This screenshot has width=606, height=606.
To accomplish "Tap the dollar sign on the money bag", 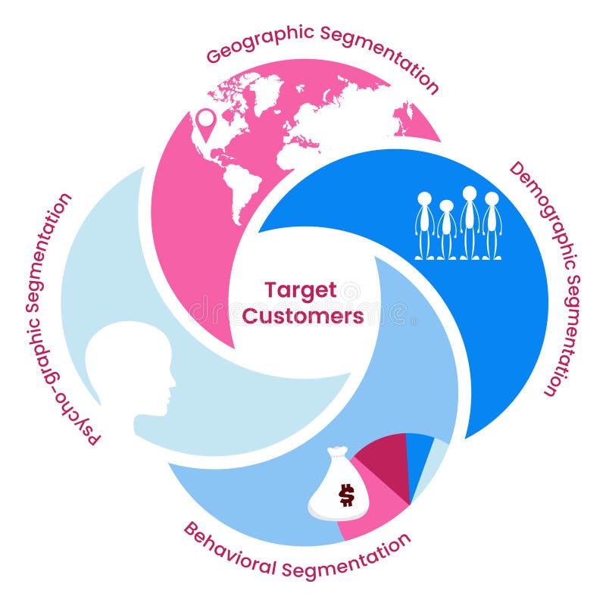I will (x=346, y=495).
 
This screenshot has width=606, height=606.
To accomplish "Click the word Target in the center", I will (x=301, y=290).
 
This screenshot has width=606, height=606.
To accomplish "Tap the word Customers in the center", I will (x=303, y=316).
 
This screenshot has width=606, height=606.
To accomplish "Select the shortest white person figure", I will (x=446, y=230).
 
